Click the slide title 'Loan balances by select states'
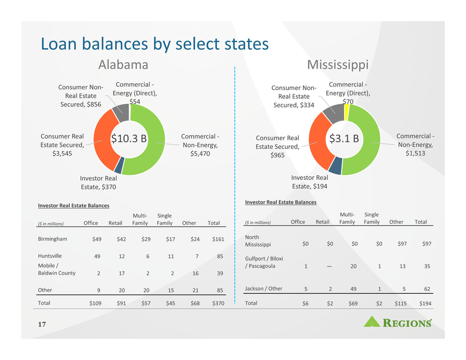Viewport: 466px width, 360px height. click(155, 44)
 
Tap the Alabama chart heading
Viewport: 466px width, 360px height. click(123, 65)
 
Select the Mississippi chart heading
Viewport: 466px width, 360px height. click(338, 65)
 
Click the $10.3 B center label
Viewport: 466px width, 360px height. click(129, 138)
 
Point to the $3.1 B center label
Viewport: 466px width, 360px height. click(344, 139)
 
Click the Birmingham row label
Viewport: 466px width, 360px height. click(53, 239)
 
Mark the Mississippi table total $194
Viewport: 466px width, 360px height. click(425, 304)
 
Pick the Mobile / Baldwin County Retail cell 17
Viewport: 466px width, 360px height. click(121, 273)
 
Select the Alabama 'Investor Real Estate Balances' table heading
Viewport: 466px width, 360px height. click(73, 205)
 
